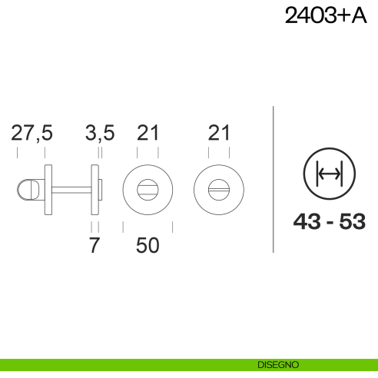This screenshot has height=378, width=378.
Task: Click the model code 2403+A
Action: point(326,15)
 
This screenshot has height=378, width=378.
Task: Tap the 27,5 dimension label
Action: point(31,133)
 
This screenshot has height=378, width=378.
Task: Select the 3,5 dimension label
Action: point(100,133)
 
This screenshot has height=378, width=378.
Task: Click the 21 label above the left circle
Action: point(148,133)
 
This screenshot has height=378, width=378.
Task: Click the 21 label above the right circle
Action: point(219,133)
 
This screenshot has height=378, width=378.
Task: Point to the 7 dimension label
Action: point(94,245)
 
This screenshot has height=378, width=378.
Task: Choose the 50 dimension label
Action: point(148,245)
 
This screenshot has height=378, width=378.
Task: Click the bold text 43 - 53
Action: point(330,221)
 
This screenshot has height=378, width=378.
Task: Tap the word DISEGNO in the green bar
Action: point(278,365)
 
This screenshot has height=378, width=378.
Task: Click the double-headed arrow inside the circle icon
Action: point(330,174)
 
